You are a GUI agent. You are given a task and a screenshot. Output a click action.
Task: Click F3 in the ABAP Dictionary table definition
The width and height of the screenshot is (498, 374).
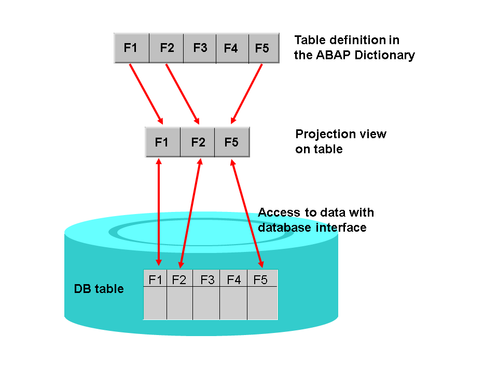pos(200,48)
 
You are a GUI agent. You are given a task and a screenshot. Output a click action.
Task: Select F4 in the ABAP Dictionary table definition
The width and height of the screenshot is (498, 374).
pos(231,48)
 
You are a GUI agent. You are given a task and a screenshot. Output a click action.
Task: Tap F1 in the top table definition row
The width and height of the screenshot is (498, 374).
pos(131,48)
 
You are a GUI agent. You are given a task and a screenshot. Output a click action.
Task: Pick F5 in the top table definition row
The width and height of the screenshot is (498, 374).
pos(262,48)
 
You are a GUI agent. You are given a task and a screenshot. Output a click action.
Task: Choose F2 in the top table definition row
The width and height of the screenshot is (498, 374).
pos(167,48)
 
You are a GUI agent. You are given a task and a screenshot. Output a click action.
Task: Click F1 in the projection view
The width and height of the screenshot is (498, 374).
pos(162,142)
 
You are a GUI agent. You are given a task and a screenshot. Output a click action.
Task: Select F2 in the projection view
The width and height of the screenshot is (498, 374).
pos(198,142)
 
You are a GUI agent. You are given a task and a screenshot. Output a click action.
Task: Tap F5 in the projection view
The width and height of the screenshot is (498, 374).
pos(231,142)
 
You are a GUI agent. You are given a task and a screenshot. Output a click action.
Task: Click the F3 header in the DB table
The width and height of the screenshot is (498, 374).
pos(207,280)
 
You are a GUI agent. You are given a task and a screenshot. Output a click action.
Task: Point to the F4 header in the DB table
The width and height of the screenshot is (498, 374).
pos(234,280)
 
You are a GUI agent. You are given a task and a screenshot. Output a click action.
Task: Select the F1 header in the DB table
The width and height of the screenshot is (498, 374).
pos(155,280)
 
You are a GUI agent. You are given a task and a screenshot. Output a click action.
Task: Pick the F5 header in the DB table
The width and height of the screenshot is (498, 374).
pos(260,280)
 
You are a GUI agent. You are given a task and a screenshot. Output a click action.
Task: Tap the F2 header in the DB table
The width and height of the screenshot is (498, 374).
pos(179,280)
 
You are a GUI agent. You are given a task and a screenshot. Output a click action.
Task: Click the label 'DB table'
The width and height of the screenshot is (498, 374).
pos(99,289)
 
